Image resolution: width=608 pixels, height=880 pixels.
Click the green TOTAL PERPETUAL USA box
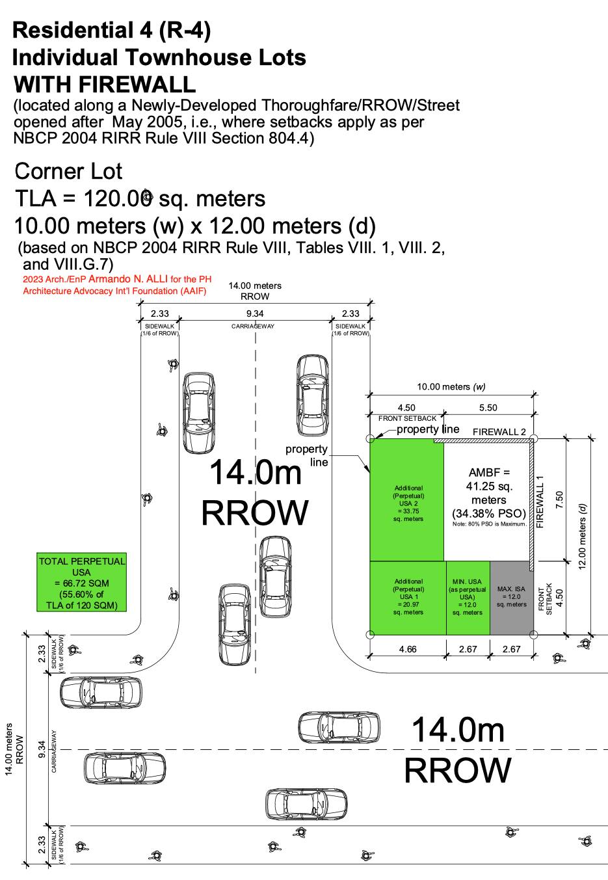[82, 582]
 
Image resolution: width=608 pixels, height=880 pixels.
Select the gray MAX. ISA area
[511, 598]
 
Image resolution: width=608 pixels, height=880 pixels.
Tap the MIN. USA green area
[468, 598]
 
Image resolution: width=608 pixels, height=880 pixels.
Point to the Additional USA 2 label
[408, 503]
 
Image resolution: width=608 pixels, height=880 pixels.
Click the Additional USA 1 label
[408, 596]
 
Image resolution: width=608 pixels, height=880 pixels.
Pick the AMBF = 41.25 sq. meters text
[489, 486]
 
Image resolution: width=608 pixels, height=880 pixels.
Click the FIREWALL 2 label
[499, 432]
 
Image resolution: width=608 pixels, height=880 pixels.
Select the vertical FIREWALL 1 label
[540, 501]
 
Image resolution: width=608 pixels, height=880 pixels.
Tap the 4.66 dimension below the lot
[408, 649]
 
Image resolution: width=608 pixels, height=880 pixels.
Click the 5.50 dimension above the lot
[488, 408]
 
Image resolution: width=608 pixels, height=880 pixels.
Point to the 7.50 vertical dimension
[559, 500]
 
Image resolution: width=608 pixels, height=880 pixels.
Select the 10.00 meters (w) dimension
[451, 386]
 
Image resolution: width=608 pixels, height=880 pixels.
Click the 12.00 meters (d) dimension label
[582, 536]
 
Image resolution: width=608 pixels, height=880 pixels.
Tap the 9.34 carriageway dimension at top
[255, 313]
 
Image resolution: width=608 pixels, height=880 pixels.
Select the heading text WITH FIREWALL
[105, 84]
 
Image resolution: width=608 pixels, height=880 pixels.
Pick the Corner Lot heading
[68, 171]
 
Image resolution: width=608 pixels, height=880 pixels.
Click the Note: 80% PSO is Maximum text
[489, 524]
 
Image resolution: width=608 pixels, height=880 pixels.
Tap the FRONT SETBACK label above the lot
[407, 418]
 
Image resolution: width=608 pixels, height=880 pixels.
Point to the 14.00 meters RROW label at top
[255, 291]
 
